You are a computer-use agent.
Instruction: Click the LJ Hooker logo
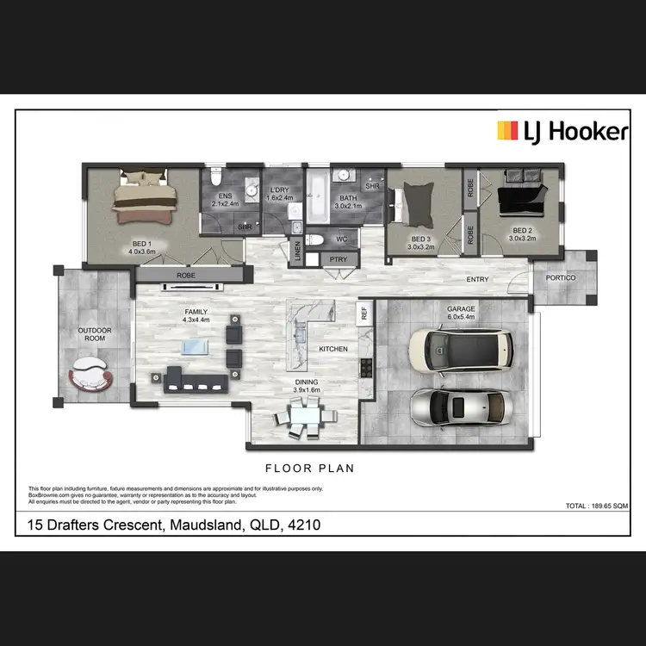point(562,131)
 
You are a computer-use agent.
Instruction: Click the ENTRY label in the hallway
point(478,279)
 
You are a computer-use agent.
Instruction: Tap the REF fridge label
point(364,313)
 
